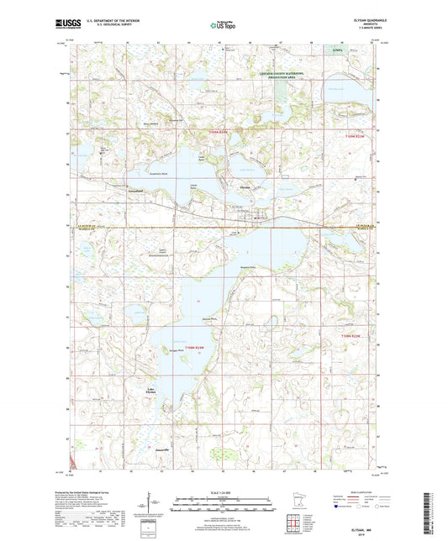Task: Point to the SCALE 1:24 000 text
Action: point(223,490)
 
